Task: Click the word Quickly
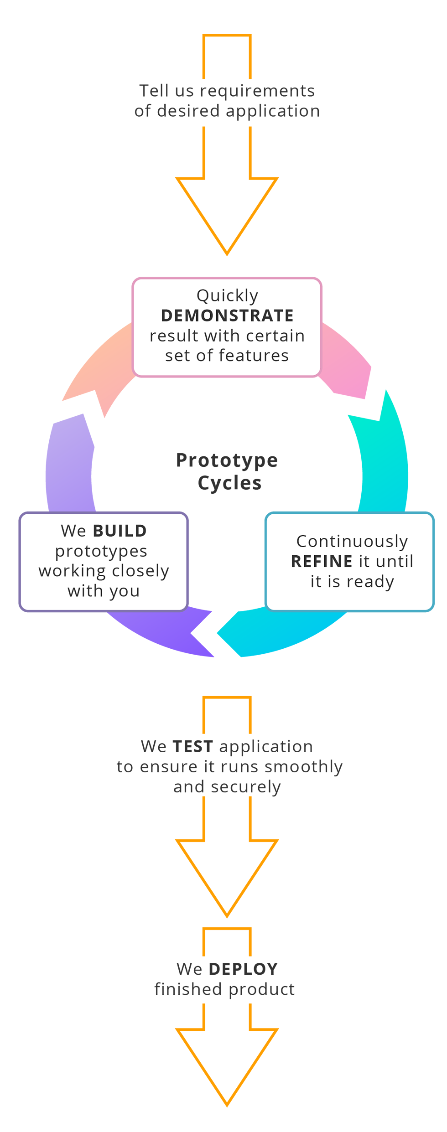click(x=227, y=296)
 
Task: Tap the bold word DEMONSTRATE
click(x=227, y=315)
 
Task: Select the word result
click(x=174, y=336)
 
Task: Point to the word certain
click(x=280, y=336)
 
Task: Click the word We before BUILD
click(x=73, y=531)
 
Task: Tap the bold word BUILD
click(x=120, y=531)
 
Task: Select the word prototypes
click(x=101, y=551)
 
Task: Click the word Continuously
click(x=352, y=541)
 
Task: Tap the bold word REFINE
click(x=322, y=561)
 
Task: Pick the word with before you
click(x=85, y=591)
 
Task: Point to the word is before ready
click(x=334, y=581)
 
